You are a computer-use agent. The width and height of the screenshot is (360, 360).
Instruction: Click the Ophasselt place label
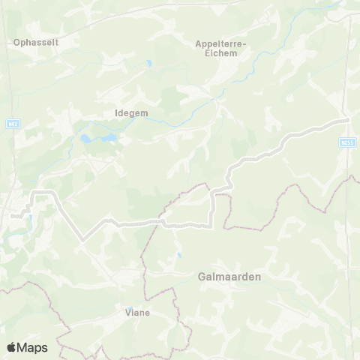point(36,43)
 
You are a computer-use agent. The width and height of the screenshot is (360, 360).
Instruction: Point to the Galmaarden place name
point(229,277)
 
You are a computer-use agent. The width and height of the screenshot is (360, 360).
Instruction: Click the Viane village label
point(137,313)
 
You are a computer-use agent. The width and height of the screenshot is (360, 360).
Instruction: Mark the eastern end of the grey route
point(348,119)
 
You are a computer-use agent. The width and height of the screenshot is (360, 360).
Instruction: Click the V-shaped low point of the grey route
point(83,238)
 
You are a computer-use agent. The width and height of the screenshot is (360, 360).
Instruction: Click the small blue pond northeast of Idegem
point(150,64)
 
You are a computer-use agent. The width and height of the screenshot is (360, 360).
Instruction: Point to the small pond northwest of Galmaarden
point(178,256)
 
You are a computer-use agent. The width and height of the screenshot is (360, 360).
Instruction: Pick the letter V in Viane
point(127,313)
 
